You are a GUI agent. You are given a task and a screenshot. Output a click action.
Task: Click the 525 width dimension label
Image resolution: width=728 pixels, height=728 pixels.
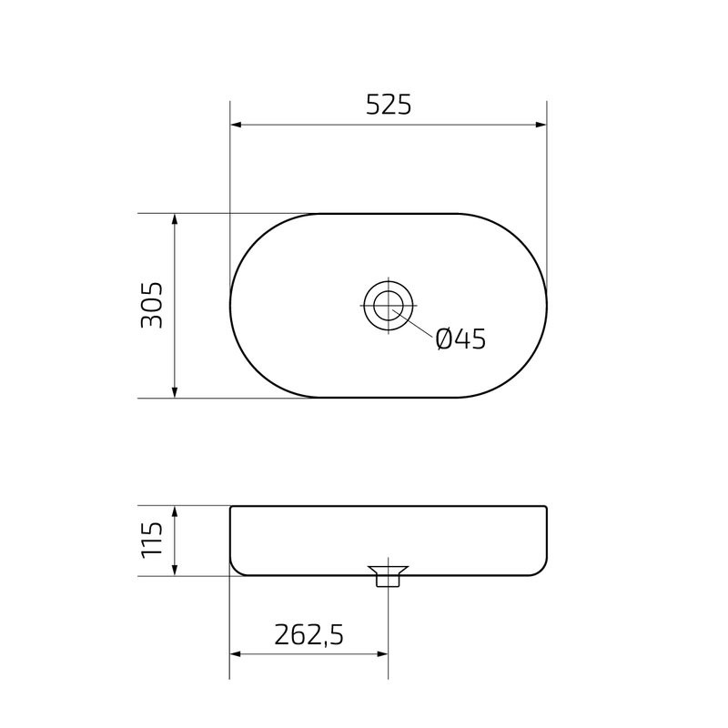pyautogui.click(x=389, y=106)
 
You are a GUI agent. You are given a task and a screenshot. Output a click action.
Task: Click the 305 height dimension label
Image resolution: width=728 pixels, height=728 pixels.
pyautogui.click(x=151, y=305)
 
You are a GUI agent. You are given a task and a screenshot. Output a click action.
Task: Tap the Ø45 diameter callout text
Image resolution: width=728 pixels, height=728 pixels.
pyautogui.click(x=460, y=339)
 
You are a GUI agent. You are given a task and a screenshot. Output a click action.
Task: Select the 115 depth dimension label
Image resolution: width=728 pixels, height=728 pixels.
pyautogui.click(x=151, y=540)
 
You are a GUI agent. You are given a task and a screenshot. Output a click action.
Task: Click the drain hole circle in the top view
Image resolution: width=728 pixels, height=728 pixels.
pyautogui.click(x=389, y=305)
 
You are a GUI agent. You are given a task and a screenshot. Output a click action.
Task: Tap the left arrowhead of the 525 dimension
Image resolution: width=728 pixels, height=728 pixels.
pyautogui.click(x=236, y=126)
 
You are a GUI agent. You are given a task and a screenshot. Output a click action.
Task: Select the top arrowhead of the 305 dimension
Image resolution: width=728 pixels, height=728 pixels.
pyautogui.click(x=174, y=219)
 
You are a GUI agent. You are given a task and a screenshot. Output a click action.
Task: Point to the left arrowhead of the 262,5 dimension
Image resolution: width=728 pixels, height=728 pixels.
pyautogui.click(x=236, y=653)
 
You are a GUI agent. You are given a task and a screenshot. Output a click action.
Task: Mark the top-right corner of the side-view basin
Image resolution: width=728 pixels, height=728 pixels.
pyautogui.click(x=545, y=508)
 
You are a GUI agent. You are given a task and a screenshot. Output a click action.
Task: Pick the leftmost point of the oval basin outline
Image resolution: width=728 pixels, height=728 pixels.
pyautogui.click(x=229, y=305)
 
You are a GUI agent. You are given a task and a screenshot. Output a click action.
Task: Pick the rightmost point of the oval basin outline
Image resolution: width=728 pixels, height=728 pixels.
pyautogui.click(x=547, y=305)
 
